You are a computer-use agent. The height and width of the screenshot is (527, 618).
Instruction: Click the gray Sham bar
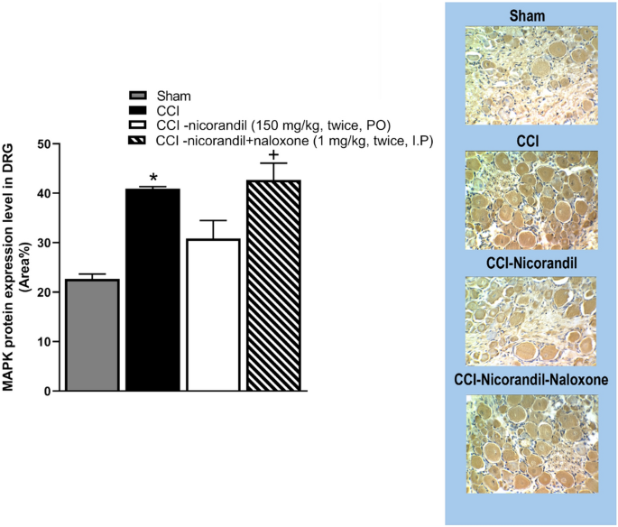point(92,335)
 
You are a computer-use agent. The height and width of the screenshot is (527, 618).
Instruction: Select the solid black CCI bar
point(152,290)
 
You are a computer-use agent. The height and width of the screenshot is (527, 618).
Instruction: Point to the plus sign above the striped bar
point(273,154)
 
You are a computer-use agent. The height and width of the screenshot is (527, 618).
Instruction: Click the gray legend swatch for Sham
point(138,95)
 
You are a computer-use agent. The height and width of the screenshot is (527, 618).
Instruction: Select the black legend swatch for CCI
point(138,109)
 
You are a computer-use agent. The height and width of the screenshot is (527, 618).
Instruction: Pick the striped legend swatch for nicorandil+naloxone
point(138,140)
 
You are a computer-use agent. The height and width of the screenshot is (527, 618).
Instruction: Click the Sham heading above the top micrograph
point(531,16)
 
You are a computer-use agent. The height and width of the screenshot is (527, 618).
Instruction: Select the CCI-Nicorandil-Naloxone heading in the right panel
point(531,380)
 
